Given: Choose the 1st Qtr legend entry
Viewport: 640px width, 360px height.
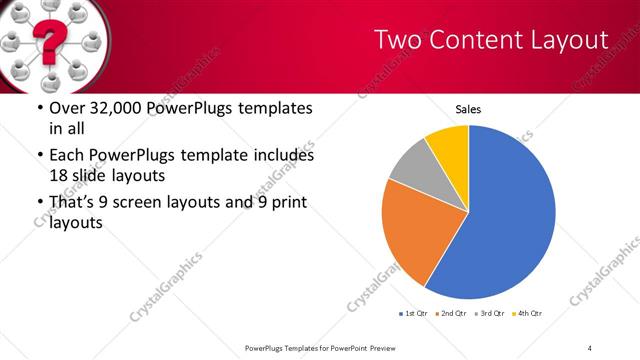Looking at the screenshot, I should (414, 314).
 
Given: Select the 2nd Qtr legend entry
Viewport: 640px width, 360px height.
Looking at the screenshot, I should (453, 314).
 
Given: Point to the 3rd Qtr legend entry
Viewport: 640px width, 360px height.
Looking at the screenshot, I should (490, 314).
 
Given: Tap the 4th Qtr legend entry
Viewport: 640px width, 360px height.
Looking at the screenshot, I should (527, 314).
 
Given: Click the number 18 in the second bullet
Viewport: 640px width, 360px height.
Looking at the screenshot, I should (58, 174).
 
